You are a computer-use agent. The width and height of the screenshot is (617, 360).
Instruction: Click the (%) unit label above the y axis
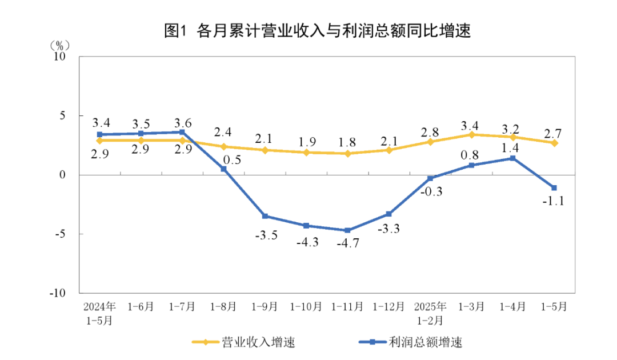(59, 45)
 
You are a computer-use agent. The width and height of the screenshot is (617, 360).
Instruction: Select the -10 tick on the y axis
(58, 293)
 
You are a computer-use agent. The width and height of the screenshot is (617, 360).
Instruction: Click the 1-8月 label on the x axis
(223, 306)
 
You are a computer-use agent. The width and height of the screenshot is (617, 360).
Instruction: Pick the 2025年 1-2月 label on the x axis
(430, 313)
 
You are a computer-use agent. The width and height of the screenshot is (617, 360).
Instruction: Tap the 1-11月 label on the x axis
(347, 306)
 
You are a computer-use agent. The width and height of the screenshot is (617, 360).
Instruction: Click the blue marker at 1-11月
(347, 230)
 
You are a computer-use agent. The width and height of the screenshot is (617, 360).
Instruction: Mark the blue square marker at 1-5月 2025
(554, 187)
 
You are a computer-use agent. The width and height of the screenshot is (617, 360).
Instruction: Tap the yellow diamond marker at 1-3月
(471, 134)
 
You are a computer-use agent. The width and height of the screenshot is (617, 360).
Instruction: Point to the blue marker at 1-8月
(223, 169)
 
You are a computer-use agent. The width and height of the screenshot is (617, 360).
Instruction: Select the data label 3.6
(183, 122)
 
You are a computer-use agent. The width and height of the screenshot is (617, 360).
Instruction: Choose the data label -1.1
(553, 202)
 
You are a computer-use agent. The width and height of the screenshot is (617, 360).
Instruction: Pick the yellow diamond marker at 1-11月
(347, 153)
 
